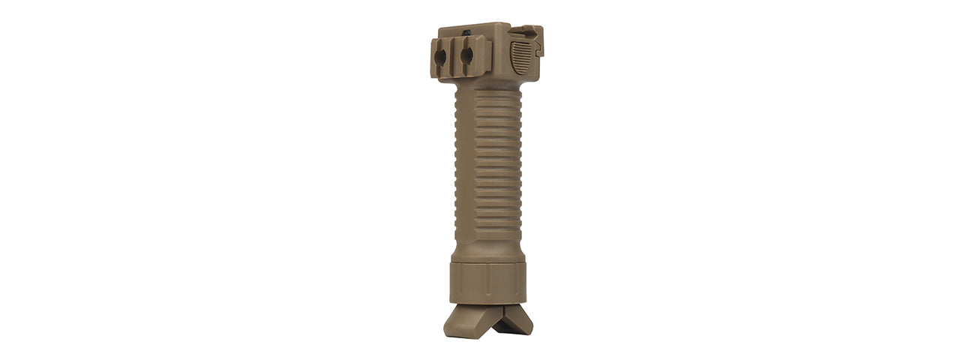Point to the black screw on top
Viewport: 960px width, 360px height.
pyautogui.click(x=468, y=32)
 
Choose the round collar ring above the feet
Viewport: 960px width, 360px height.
pyautogui.click(x=487, y=283)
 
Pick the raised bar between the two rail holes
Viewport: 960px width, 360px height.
pyautogui.click(x=454, y=56)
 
